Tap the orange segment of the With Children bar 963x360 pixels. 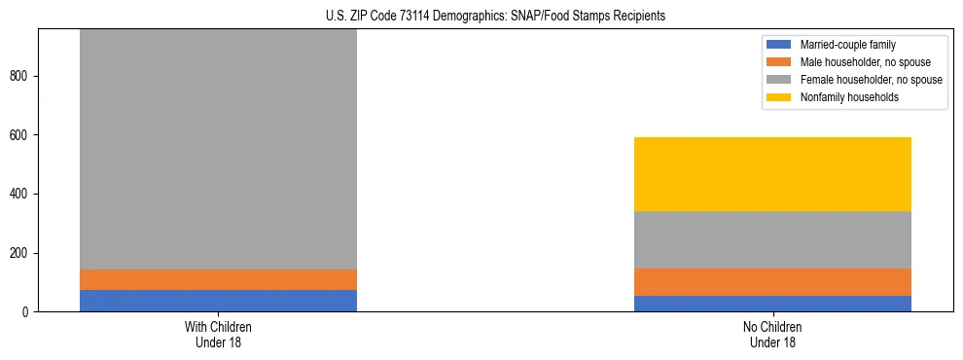(x=218, y=279)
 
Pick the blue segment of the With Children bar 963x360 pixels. (x=218, y=301)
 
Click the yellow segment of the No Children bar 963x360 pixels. (x=772, y=174)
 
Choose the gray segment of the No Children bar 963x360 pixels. (x=772, y=239)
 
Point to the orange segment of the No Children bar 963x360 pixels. (x=772, y=282)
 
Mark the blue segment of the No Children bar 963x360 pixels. (x=772, y=304)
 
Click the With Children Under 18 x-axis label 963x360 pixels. (x=218, y=334)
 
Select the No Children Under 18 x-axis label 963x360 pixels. (x=772, y=334)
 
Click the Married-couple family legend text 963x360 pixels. (x=848, y=45)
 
